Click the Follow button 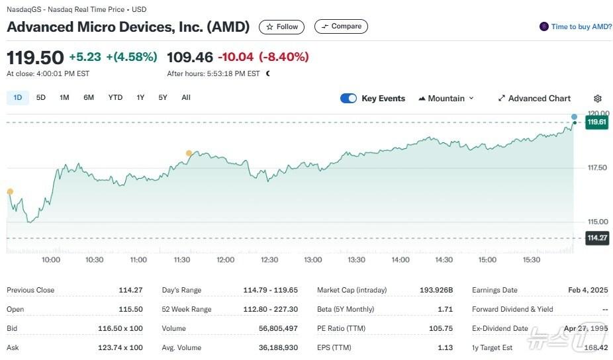click(282, 26)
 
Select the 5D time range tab click(41, 97)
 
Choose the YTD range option click(115, 97)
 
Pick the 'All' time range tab click(186, 97)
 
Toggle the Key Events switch click(348, 99)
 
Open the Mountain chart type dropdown click(446, 99)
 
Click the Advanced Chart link click(534, 99)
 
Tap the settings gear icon click(598, 99)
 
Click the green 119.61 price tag click(596, 122)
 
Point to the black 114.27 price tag click(596, 238)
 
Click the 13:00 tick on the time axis click(312, 260)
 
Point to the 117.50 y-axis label click(597, 168)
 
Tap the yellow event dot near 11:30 click(189, 154)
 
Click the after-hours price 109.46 click(189, 57)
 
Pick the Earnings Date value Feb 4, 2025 click(588, 290)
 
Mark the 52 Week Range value click(271, 309)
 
